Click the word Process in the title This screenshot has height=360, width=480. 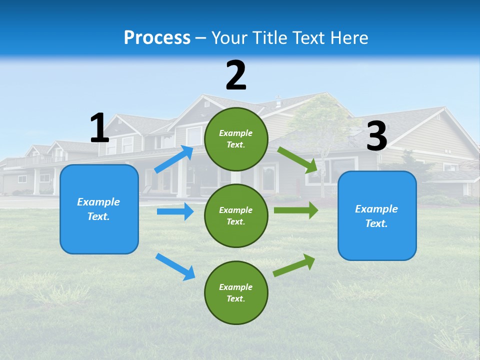coord(157,38)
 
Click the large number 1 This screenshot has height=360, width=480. coord(99,128)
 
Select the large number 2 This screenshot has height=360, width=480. coord(236,75)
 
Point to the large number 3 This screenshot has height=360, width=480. coord(376,136)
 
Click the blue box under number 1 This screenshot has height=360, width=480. coord(99,209)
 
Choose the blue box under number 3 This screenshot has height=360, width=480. coord(377,215)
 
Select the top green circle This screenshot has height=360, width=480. coord(236,139)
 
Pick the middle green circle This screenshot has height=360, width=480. coord(236,215)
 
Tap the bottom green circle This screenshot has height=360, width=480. coord(236,292)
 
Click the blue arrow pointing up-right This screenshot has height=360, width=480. coord(174,159)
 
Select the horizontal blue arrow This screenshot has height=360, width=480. coord(175,211)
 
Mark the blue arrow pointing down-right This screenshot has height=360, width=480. coord(175,266)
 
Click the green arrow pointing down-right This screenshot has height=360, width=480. coord(298,160)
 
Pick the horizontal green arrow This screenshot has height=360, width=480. coord(296,210)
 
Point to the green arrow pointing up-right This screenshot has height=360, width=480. coord(294,265)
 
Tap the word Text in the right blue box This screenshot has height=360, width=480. coord(376,223)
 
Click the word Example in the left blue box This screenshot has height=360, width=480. coord(98,202)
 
